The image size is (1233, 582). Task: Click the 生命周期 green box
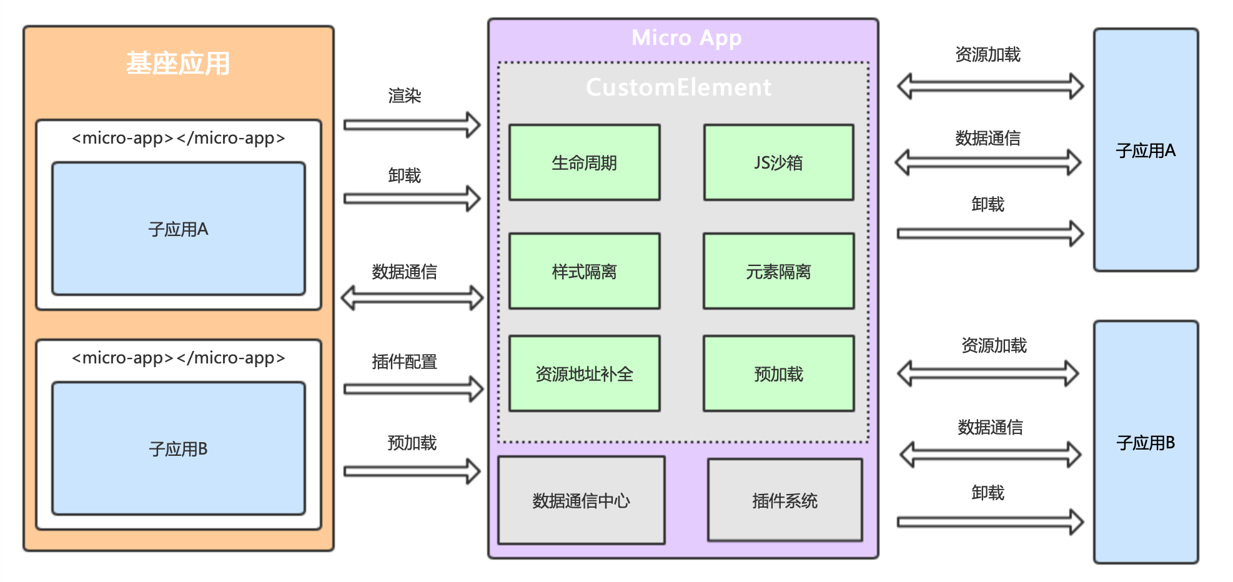[584, 162]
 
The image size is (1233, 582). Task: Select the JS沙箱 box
[778, 162]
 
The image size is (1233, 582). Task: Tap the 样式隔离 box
[584, 271]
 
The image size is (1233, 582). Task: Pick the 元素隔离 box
[778, 271]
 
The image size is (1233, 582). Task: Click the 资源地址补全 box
[584, 373]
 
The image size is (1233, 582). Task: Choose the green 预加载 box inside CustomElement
[778, 373]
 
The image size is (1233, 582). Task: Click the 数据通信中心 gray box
[581, 500]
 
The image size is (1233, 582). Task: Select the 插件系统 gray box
[785, 500]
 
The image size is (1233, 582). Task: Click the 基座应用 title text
[178, 64]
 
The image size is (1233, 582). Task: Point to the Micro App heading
[686, 38]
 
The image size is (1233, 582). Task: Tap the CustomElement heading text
[678, 87]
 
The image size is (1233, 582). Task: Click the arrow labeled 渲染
[412, 125]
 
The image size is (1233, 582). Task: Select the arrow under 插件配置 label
[413, 389]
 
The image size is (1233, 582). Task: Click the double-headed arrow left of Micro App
[412, 298]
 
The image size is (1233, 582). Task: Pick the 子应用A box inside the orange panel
[178, 229]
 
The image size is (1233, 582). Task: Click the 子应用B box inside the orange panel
[178, 448]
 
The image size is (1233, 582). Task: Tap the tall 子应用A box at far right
[1146, 150]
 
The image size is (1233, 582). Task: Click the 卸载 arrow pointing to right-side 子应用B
[989, 521]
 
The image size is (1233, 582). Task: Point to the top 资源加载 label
[988, 55]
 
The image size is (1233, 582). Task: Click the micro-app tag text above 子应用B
[178, 358]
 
